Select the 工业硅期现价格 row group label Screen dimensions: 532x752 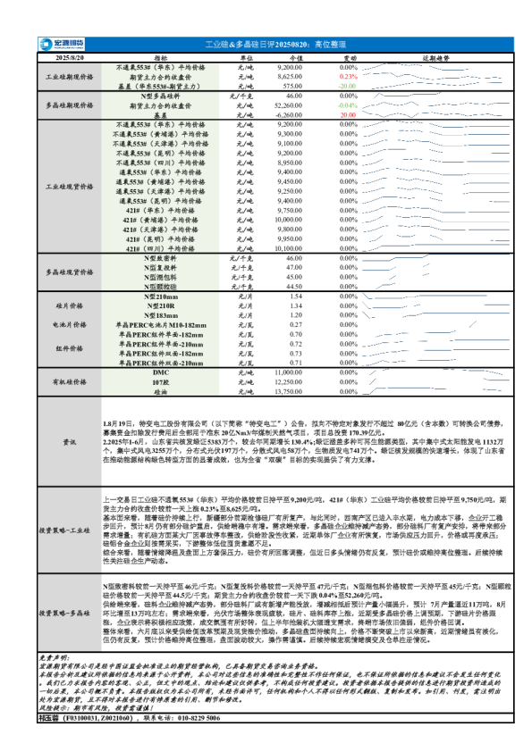tap(69, 77)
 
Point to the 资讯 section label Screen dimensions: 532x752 tap(69, 442)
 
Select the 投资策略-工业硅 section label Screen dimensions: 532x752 tap(69, 531)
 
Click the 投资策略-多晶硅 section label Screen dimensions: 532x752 tap(69, 613)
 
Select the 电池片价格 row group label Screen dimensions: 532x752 tap(69, 324)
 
